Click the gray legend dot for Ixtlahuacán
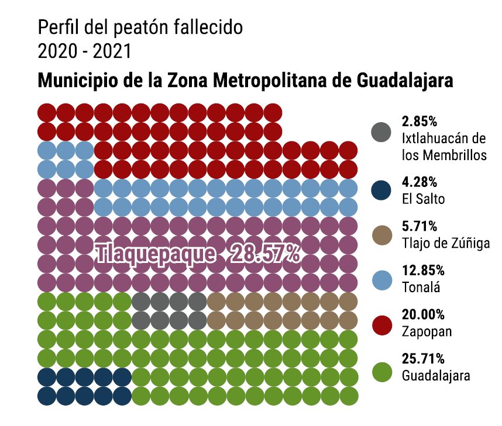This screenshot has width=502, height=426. pyautogui.click(x=381, y=132)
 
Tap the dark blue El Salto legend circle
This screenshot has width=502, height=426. pyautogui.click(x=381, y=190)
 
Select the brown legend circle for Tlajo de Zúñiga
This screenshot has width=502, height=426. pyautogui.click(x=381, y=234)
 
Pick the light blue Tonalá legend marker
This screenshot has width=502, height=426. pyautogui.click(x=381, y=279)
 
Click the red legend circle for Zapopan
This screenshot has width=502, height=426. pyautogui.click(x=381, y=323)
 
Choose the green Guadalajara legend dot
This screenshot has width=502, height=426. pyautogui.click(x=381, y=372)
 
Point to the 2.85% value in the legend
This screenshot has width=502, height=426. pyautogui.click(x=420, y=122)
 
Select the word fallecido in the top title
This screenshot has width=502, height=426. pyautogui.click(x=205, y=27)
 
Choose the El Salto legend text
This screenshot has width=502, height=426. pyautogui.click(x=423, y=199)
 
